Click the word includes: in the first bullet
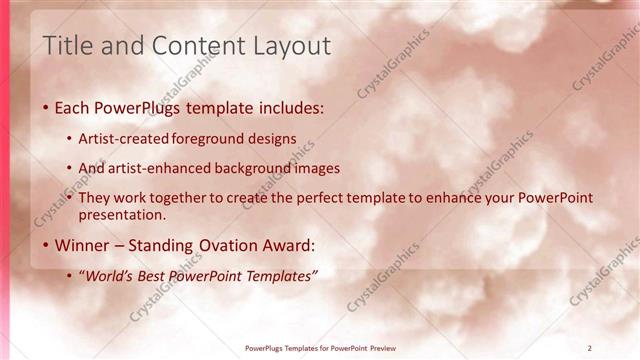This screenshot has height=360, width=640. coord(289,107)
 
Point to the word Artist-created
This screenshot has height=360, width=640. coord(123,139)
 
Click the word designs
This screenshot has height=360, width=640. coord(273,139)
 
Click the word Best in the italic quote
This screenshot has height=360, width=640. coord(155,276)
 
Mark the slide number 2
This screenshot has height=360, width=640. coord(590,348)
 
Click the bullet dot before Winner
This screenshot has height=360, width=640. coord(45,246)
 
